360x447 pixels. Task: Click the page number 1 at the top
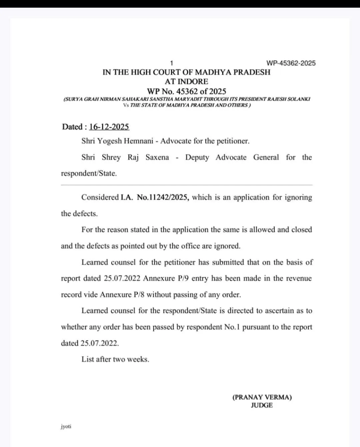[x=172, y=63]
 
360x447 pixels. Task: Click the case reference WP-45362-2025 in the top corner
[x=291, y=63]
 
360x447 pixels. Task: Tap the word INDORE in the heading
[x=193, y=82]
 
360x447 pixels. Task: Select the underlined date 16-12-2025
[x=109, y=127]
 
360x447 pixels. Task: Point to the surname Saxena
[x=157, y=157]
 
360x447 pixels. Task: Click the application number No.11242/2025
[x=163, y=197]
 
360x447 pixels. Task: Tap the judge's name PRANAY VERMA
[x=262, y=397]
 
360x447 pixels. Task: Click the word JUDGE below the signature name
[x=262, y=405]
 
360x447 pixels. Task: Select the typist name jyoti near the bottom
[x=66, y=426]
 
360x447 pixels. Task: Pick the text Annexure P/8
[x=122, y=294]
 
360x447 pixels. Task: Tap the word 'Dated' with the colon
[x=74, y=127]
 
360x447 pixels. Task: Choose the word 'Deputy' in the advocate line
[x=197, y=157]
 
